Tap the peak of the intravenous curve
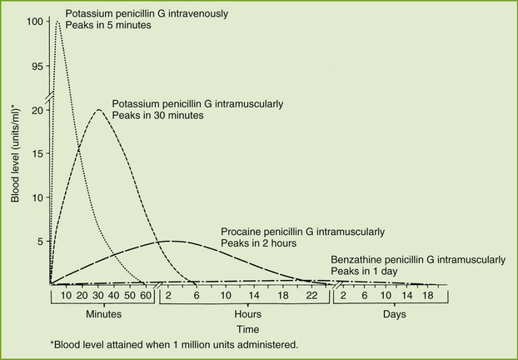(57, 22)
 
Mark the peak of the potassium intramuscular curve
(99, 109)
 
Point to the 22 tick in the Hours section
(311, 294)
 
